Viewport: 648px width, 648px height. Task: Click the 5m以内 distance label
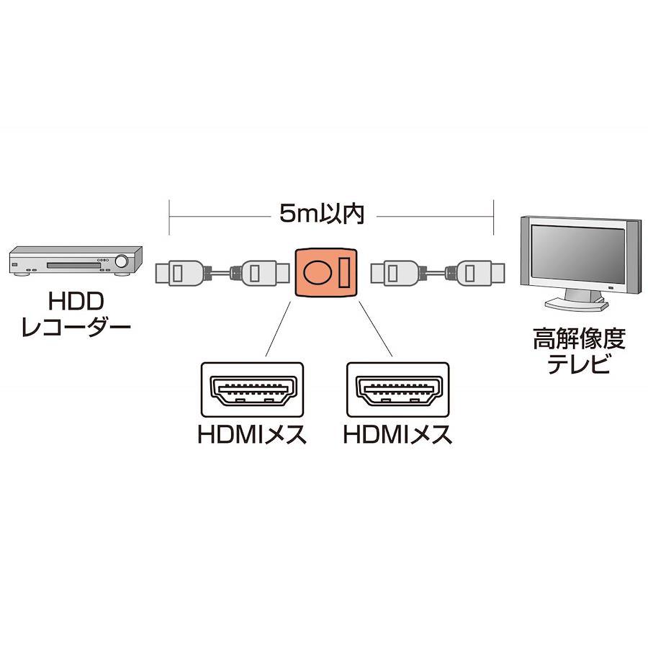322,214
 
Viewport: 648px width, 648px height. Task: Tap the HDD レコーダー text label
76,314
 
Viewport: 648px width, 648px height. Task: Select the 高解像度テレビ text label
579,351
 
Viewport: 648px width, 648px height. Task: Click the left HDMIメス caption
252,434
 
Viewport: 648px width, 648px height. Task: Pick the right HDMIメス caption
397,434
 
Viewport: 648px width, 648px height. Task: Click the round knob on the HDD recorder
122,261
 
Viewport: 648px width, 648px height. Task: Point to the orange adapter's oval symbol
318,272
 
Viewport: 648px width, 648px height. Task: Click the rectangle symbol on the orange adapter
345,272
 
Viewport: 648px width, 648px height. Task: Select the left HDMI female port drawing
252,390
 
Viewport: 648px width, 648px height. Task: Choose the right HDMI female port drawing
398,390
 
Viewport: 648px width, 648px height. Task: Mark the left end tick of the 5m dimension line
169,217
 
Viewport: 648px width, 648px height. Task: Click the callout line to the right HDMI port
375,328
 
